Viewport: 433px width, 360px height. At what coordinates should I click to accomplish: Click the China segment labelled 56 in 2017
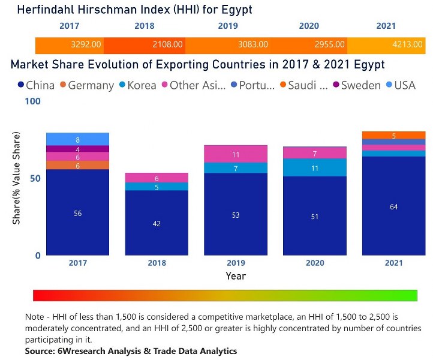pos(78,213)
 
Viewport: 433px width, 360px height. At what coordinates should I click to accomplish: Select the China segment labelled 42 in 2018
pos(157,223)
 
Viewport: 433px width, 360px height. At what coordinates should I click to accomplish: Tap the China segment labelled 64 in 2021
pos(393,206)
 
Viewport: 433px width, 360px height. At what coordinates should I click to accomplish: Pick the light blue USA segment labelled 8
pos(78,139)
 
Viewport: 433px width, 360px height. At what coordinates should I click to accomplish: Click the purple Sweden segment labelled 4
pos(78,149)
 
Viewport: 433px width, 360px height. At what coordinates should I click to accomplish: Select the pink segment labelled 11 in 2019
pos(236,154)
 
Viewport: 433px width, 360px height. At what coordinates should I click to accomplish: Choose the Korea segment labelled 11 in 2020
pos(315,168)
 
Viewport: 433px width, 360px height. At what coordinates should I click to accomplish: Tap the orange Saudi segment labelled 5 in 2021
pos(393,136)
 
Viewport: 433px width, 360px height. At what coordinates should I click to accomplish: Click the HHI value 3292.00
pos(86,44)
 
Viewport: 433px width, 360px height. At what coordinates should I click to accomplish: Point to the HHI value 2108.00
pos(169,44)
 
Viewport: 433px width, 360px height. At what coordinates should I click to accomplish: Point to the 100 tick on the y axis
pos(33,101)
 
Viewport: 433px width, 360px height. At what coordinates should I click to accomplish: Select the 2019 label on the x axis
pos(236,263)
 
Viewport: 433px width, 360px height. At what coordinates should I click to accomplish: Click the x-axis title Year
pos(235,276)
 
